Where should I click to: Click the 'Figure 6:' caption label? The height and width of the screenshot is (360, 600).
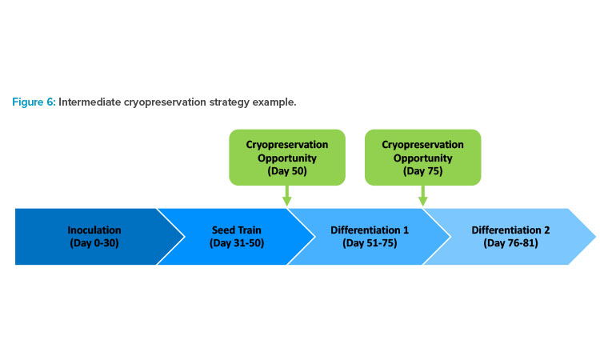34,102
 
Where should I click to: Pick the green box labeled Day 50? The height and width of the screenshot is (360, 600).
287,158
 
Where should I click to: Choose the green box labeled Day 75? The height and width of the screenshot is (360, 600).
423,158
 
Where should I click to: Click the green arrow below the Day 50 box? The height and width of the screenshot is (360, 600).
287,196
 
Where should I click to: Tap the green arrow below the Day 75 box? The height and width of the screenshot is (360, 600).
423,196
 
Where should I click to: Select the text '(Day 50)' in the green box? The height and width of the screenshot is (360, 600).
287,171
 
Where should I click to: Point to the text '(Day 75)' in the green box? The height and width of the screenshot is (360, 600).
423,171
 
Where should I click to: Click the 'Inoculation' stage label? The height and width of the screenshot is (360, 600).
94,230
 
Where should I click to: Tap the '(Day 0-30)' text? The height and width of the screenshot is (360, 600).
94,243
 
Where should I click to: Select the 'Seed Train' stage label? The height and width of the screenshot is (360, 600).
237,230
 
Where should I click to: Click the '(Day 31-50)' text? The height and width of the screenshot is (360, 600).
237,243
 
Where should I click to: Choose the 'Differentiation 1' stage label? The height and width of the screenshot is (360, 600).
370,230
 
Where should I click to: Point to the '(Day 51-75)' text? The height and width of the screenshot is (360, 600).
370,243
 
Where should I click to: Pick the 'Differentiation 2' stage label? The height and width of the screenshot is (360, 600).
510,230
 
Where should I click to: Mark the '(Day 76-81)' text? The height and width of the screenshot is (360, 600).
510,243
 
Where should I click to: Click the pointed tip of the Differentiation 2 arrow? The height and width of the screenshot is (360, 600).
595,237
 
